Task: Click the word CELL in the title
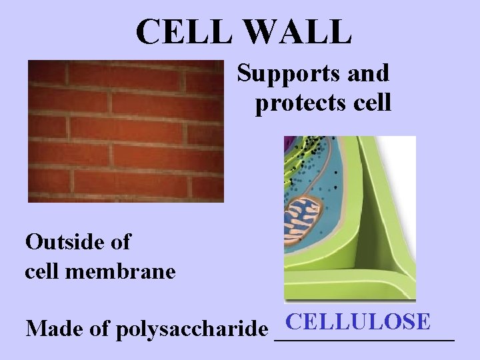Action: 177,31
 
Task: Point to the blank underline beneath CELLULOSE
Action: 364,340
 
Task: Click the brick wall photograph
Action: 125,131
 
